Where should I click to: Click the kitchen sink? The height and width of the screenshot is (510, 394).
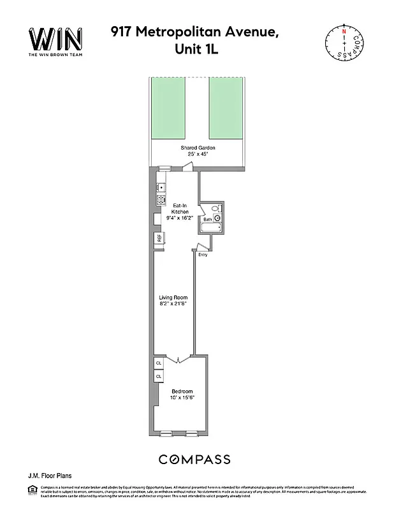point(160,188)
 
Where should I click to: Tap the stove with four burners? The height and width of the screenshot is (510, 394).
point(160,200)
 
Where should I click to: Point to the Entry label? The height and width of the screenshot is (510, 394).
point(203,255)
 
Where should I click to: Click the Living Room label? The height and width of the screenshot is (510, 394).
point(173,298)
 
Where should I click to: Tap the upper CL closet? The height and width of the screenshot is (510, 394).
point(159,363)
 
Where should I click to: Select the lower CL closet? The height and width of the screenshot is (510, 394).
point(159,377)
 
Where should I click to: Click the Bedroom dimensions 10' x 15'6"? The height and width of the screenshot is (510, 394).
point(182,397)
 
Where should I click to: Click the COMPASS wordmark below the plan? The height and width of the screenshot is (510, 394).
point(194,459)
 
